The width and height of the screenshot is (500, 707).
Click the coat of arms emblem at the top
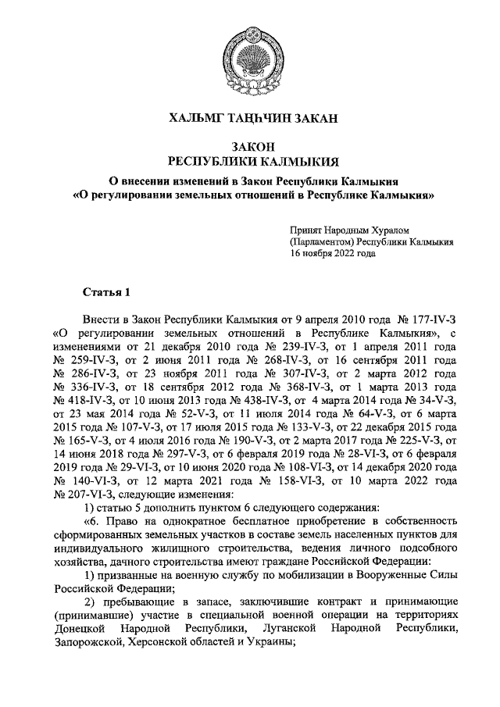pos(250,56)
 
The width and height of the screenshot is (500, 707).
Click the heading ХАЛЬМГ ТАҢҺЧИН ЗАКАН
pos(250,118)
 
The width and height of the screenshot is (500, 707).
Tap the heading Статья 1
pos(101,293)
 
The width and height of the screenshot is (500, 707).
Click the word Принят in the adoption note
pos(305,230)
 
